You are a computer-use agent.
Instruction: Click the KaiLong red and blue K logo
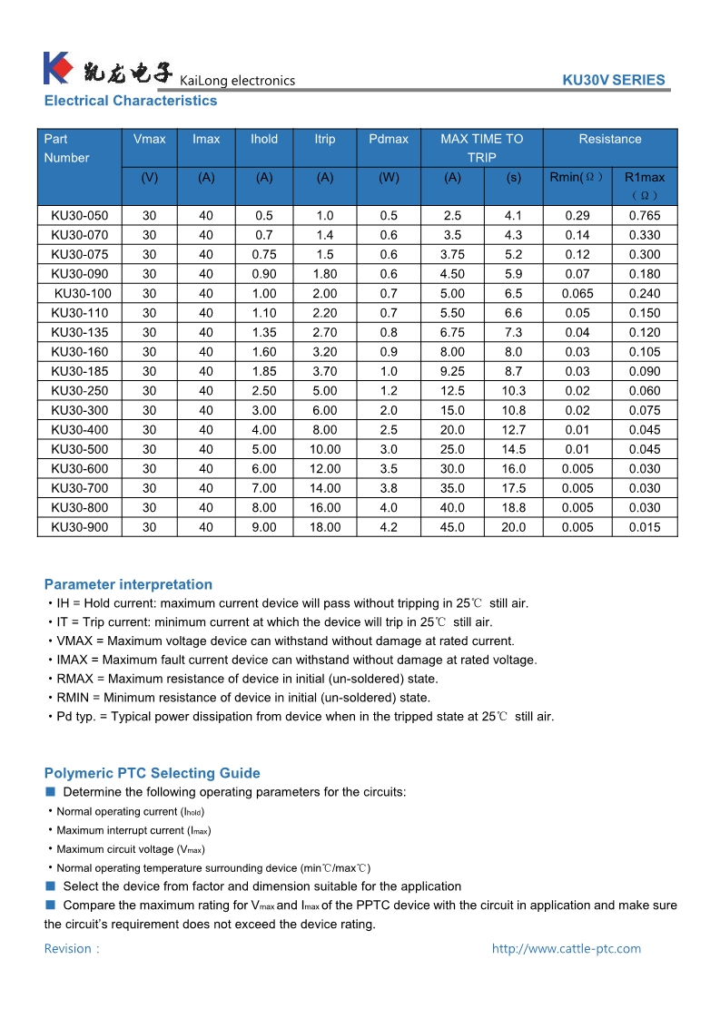click(56, 69)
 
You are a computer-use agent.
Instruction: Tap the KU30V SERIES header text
click(613, 80)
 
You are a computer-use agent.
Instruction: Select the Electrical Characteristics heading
click(131, 101)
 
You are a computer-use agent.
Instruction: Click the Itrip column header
click(324, 139)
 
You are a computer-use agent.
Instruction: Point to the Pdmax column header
click(389, 139)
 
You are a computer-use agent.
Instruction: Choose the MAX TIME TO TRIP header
click(481, 148)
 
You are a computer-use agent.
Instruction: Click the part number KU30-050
click(79, 216)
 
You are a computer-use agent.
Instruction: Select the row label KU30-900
click(79, 527)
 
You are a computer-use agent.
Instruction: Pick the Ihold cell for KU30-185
click(263, 371)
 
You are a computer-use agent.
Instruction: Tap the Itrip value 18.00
click(324, 527)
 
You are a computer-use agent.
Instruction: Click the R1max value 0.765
click(645, 216)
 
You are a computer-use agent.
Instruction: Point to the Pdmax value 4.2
click(389, 527)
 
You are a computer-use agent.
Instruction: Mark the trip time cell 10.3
click(513, 391)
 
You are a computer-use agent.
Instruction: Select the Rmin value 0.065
click(577, 294)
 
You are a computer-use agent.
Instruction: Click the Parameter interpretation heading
click(128, 584)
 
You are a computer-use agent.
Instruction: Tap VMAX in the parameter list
click(74, 641)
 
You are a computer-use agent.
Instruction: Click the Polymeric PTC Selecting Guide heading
click(152, 773)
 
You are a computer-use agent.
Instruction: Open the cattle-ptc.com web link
click(566, 949)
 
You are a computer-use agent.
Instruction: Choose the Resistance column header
click(609, 139)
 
